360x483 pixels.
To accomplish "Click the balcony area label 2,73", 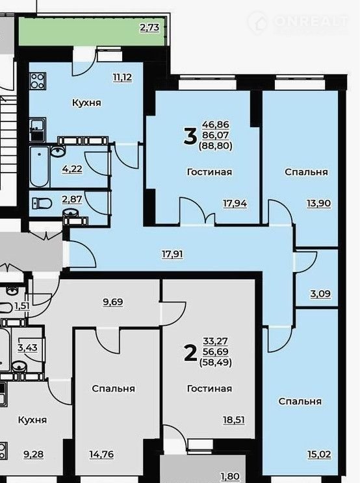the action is click(149, 27).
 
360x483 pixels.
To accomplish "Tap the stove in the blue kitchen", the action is click(38, 81).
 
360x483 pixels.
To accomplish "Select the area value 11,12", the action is click(122, 77).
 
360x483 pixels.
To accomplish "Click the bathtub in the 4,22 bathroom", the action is click(40, 167).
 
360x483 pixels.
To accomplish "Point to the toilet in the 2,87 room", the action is click(42, 204).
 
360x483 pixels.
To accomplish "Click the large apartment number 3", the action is click(190, 136).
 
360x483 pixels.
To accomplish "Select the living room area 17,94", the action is click(235, 203).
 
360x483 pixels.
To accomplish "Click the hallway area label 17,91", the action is click(173, 254).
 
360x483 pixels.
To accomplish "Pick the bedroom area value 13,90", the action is click(318, 203).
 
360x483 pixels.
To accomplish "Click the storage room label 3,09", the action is click(320, 293).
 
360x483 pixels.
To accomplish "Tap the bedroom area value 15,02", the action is click(319, 454).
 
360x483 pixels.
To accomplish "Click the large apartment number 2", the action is click(190, 353).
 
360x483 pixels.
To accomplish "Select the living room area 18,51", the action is click(234, 420).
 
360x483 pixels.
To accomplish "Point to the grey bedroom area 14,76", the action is click(101, 454).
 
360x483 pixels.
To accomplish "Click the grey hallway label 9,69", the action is click(113, 302).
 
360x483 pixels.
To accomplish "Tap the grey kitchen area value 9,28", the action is click(34, 454).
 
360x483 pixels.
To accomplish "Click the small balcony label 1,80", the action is click(230, 477).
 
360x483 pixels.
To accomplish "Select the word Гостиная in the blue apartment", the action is click(210, 172).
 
